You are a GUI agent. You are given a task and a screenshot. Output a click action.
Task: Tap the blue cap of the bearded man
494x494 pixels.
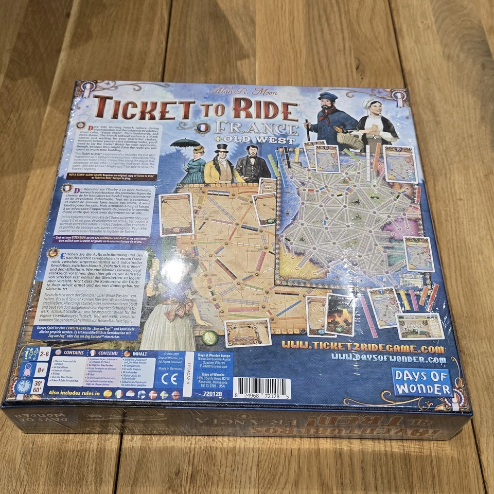[327, 97]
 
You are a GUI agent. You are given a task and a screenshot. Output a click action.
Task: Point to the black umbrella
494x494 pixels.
[185, 143]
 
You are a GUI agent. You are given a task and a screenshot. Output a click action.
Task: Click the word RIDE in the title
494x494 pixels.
[264, 109]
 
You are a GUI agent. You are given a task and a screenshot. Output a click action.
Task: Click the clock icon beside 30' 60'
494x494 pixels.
[23, 386]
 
